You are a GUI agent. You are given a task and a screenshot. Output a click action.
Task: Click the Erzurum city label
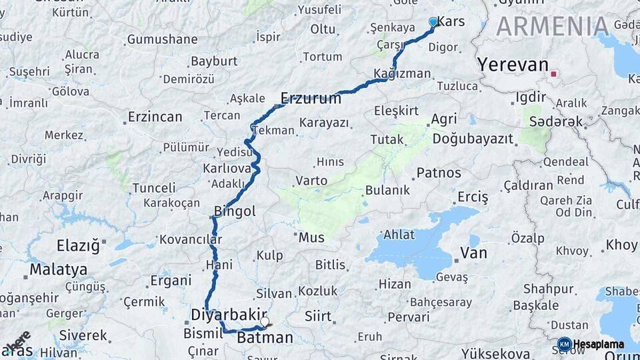(311, 99)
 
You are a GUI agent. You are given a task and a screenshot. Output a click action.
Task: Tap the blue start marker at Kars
(433, 22)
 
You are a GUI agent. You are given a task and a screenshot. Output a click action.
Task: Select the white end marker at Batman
(265, 322)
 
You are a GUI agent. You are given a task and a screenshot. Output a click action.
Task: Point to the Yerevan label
(513, 65)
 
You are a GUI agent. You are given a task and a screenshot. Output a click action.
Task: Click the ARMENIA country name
(553, 27)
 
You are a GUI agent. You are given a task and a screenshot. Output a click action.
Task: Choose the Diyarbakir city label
(229, 314)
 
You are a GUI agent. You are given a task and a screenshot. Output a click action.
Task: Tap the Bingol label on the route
(235, 211)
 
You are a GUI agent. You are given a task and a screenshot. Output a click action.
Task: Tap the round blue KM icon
(564, 344)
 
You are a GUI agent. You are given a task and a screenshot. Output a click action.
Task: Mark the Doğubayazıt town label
(473, 139)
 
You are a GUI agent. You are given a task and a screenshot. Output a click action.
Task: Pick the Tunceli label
(153, 188)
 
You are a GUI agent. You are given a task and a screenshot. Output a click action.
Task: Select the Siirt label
(317, 316)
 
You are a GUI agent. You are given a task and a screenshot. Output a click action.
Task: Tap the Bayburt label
(214, 61)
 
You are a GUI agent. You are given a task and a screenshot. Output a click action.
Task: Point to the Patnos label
(439, 173)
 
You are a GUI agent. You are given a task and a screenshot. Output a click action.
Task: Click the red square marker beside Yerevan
(553, 74)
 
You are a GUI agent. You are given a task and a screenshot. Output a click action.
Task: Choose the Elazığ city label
(78, 246)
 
